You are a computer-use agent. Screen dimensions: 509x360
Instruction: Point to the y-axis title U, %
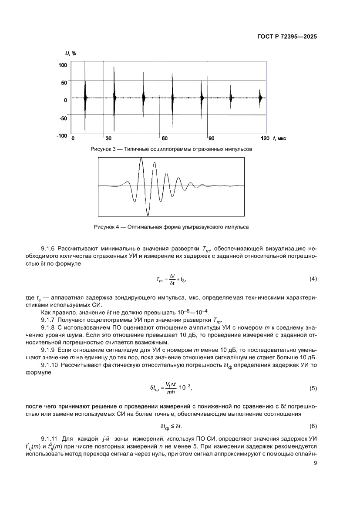point(71,54)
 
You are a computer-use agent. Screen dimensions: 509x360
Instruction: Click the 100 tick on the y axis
point(62,65)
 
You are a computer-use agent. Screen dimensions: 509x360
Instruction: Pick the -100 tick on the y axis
point(61,136)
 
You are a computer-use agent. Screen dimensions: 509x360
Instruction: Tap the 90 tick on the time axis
point(211,138)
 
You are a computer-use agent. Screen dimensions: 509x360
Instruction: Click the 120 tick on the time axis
point(265,138)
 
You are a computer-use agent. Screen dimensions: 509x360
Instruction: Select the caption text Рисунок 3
point(104,149)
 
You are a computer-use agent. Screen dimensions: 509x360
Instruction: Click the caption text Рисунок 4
point(108,227)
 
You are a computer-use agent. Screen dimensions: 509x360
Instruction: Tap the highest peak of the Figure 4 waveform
point(141,159)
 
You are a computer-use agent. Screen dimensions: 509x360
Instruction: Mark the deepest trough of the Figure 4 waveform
point(148,215)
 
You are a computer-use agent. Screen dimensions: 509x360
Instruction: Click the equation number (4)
point(313,279)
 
